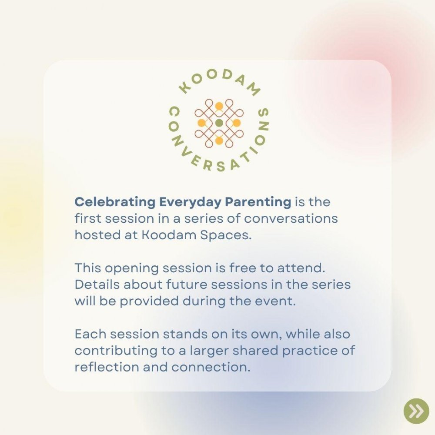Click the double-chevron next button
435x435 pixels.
[x=416, y=411]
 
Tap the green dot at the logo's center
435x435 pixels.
[x=219, y=123]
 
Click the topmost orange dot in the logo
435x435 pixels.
[x=219, y=106]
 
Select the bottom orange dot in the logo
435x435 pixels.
[x=219, y=141]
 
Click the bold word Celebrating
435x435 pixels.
[x=115, y=202]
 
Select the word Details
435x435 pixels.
[x=97, y=284]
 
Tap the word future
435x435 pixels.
[x=187, y=284]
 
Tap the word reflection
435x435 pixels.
[x=107, y=367]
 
